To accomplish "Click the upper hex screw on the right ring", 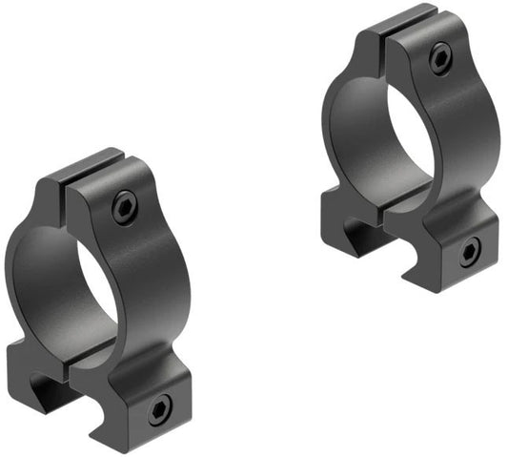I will (x=438, y=60).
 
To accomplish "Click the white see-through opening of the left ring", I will (x=91, y=287).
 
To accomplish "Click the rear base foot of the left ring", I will (x=29, y=367).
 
